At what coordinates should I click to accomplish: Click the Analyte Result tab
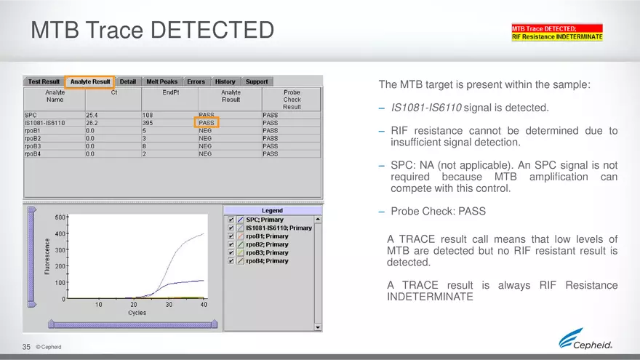click(90, 81)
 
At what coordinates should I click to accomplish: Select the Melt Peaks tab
click(161, 81)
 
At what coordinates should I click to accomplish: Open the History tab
click(225, 81)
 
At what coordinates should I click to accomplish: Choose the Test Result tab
click(44, 81)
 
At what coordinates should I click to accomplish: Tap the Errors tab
click(196, 81)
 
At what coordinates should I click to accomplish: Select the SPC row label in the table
click(31, 115)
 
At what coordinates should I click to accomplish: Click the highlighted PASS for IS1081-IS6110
click(207, 123)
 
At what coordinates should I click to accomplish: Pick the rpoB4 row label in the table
click(33, 154)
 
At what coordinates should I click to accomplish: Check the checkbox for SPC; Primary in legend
click(231, 220)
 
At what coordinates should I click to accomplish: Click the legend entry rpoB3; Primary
click(267, 252)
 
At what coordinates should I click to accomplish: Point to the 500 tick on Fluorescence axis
click(60, 217)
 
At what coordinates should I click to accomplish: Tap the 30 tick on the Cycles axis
click(169, 305)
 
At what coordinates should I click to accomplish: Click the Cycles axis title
click(137, 313)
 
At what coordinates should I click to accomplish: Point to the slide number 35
click(26, 347)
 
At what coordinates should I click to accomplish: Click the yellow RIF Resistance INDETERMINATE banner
click(557, 36)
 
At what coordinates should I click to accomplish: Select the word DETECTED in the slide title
click(212, 31)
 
